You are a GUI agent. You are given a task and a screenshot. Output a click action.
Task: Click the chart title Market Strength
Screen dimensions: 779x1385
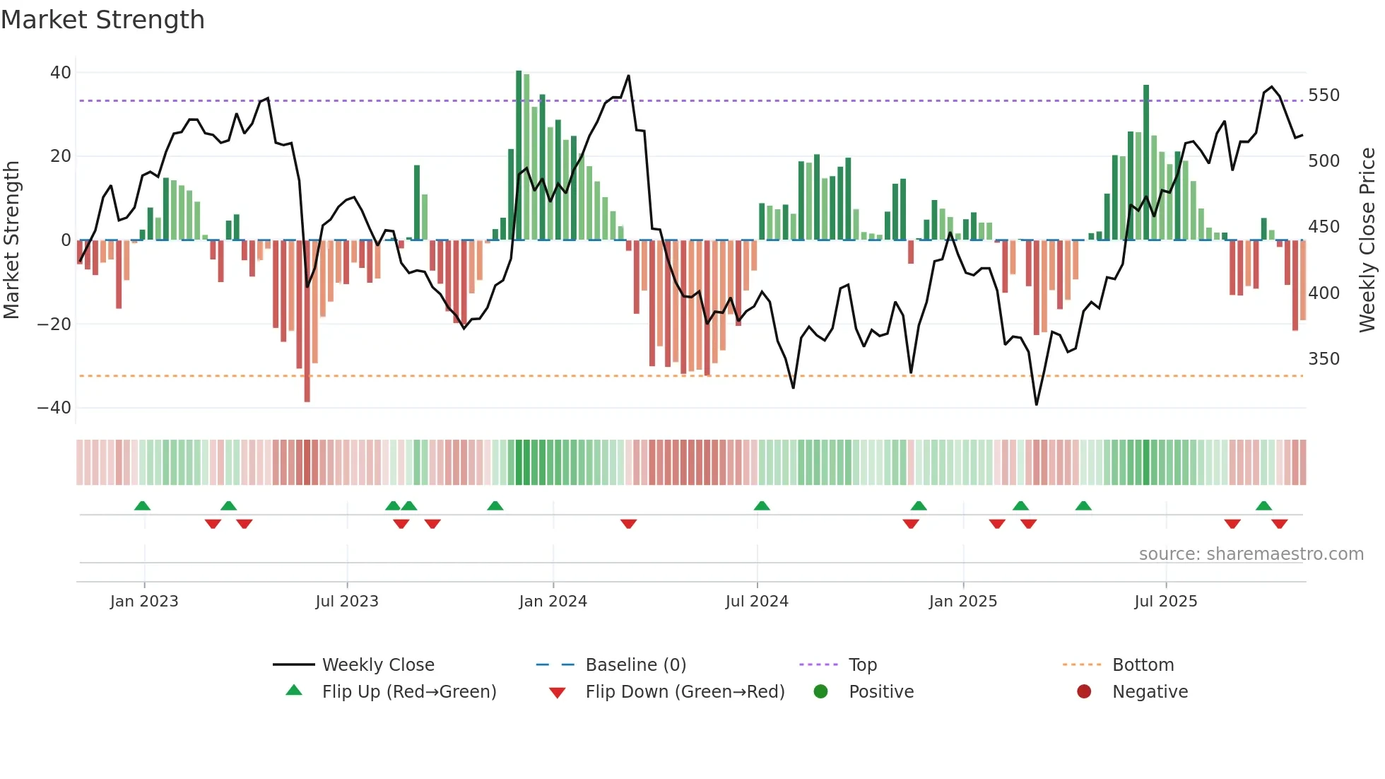[102, 20]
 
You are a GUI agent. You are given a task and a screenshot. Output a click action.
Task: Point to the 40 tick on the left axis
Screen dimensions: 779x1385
[61, 73]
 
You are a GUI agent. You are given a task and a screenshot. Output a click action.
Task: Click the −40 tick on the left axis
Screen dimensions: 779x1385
[54, 408]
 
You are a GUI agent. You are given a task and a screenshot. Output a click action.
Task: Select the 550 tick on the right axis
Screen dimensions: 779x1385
[1324, 95]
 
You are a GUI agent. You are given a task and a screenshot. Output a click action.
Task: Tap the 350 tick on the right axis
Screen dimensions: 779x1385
[1324, 359]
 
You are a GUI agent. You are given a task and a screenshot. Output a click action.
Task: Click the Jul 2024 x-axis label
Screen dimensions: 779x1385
[756, 602]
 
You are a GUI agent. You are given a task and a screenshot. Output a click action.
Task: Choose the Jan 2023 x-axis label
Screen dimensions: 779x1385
[144, 602]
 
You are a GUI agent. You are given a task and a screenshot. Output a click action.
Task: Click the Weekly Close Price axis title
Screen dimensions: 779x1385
[1367, 240]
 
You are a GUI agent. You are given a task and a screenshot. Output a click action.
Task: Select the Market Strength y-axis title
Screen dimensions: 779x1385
[11, 240]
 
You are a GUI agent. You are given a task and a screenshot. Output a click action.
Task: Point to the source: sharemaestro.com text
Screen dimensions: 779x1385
[1251, 554]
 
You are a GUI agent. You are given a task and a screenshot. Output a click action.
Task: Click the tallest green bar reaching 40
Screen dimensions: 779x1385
[519, 156]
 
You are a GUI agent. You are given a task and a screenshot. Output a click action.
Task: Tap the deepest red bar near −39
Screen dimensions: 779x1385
[307, 322]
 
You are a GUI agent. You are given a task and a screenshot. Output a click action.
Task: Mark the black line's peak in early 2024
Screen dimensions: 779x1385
[628, 76]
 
